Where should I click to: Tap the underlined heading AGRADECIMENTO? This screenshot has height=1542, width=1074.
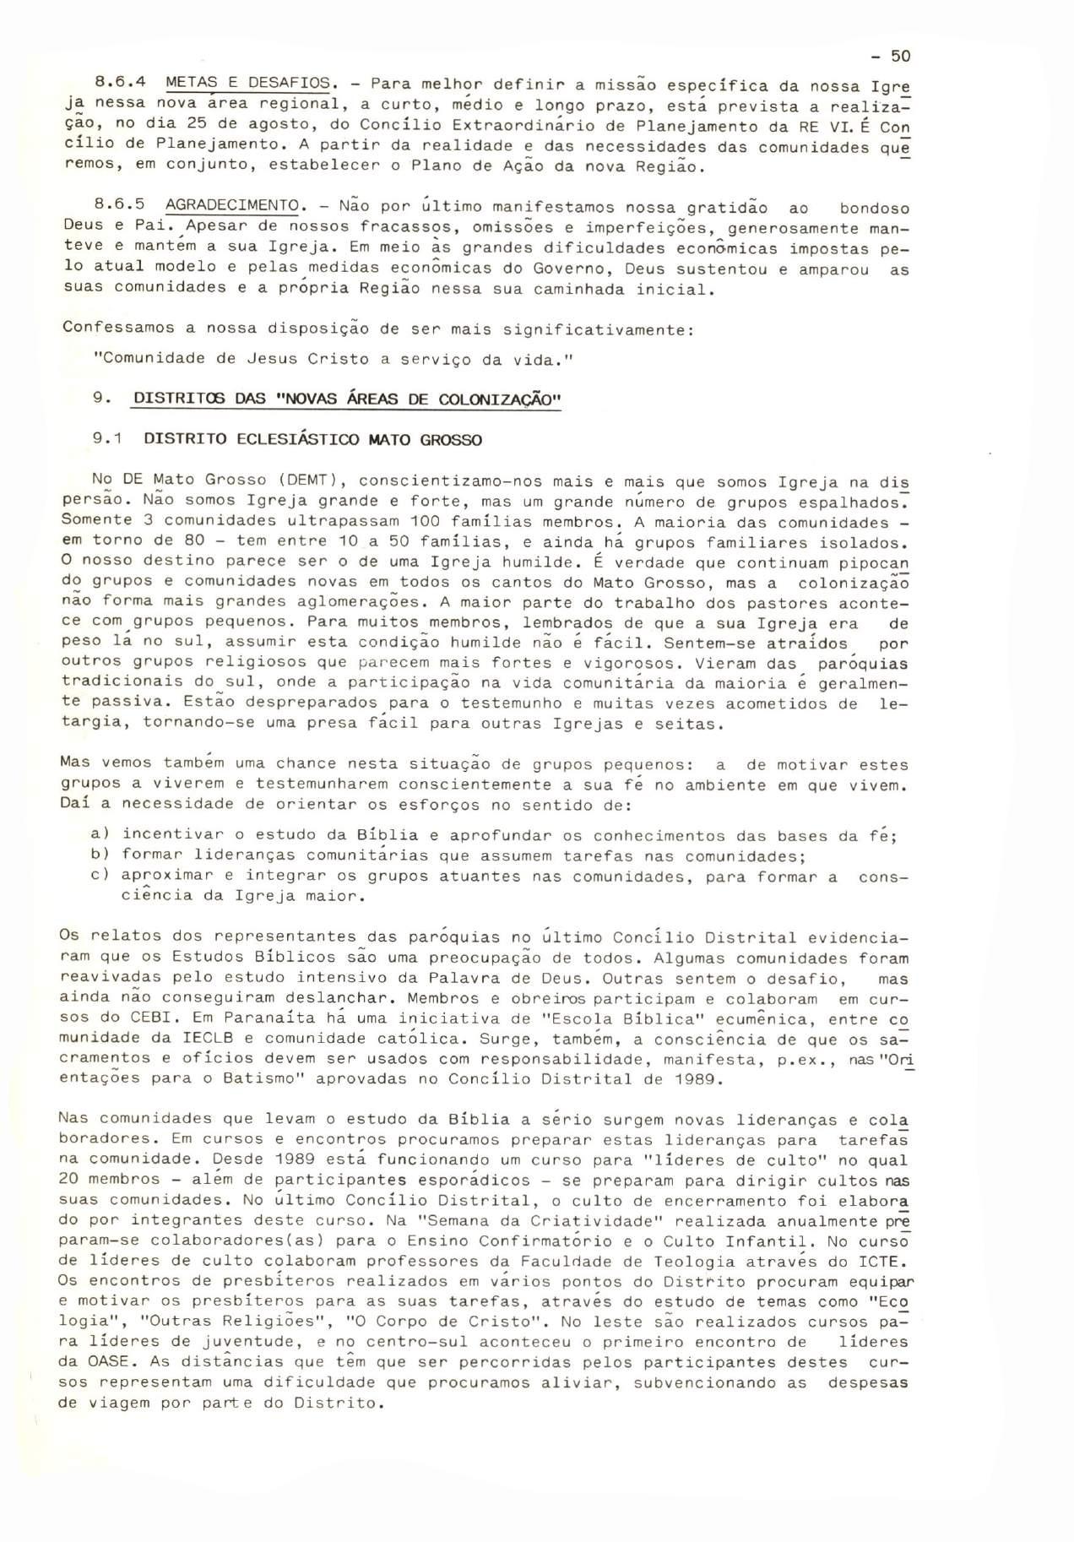236,206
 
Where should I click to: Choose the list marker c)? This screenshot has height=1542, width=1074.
100,876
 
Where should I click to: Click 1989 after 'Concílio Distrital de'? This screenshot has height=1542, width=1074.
697,1078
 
